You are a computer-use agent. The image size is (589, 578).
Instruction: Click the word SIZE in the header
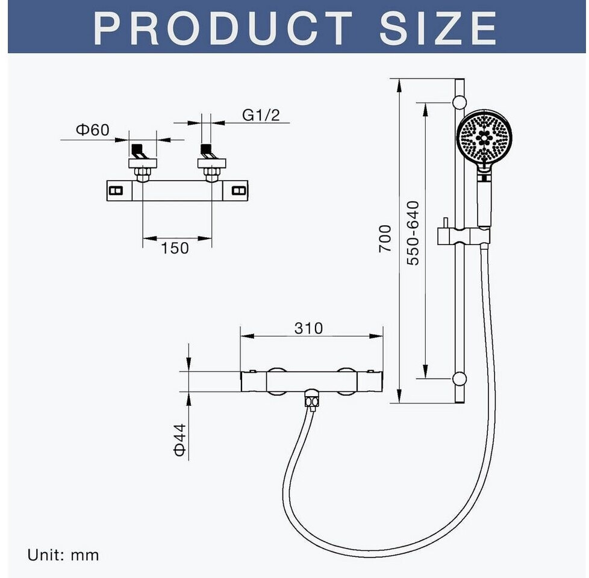coord(438,28)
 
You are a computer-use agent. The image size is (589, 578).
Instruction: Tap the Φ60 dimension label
coord(92,130)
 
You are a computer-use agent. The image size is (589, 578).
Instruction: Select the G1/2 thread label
coord(261,115)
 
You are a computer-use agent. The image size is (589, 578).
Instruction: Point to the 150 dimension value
coord(175,248)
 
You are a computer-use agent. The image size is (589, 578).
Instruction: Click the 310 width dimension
coord(308,328)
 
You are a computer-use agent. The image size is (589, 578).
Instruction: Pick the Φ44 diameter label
coord(180,440)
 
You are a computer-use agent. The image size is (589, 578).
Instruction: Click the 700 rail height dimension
coord(385,238)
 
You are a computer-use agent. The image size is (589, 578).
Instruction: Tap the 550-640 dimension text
coord(413,233)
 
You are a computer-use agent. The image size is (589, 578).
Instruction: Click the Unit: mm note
coord(63,555)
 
